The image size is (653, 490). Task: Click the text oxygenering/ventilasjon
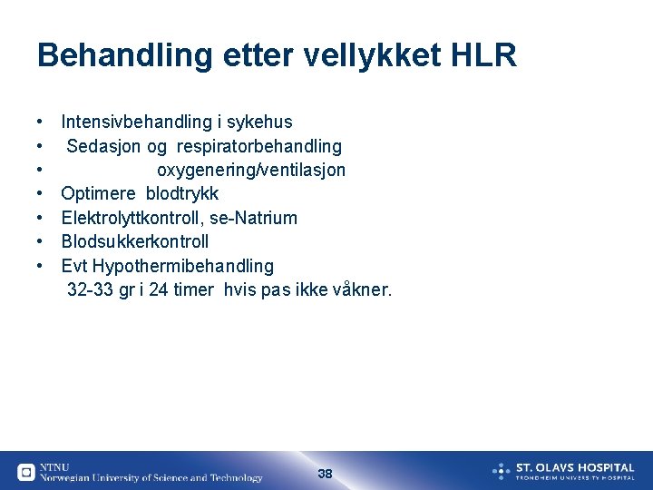(251, 170)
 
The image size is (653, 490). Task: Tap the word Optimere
(98, 194)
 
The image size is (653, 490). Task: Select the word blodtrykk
(182, 194)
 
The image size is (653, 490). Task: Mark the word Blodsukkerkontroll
(135, 241)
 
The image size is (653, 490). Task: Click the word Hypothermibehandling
(182, 266)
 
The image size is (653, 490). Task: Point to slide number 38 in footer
(326, 474)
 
